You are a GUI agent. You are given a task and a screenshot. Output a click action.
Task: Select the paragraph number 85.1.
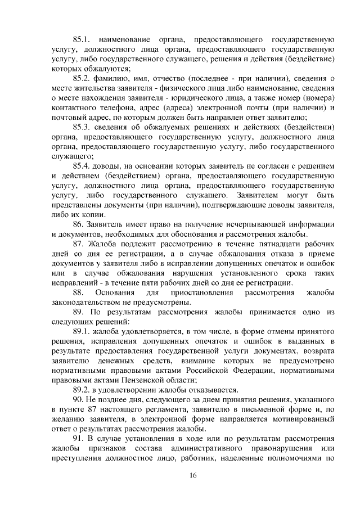coord(82,40)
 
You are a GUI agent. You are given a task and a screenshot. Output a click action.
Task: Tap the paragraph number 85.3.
coord(82,127)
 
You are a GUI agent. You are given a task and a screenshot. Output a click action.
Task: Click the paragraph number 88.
coord(79,292)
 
